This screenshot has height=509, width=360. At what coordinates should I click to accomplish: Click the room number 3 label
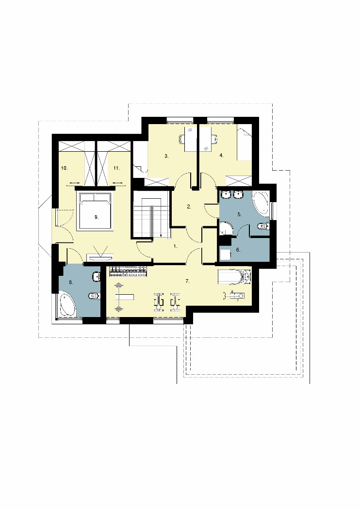tap(166, 156)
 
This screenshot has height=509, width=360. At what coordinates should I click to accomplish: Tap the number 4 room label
tap(221, 156)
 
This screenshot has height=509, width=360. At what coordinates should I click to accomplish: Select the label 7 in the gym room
tap(187, 282)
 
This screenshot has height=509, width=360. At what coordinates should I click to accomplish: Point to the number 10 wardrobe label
tap(64, 168)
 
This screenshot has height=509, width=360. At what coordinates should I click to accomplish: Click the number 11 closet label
tap(116, 168)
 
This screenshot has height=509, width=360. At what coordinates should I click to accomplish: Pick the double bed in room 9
tap(95, 211)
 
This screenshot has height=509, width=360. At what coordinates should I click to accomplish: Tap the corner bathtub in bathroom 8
tap(66, 305)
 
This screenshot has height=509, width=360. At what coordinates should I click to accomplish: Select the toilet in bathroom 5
tap(263, 226)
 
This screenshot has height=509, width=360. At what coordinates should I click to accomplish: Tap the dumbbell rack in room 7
tap(129, 271)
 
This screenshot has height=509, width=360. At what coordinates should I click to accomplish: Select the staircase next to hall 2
tap(150, 214)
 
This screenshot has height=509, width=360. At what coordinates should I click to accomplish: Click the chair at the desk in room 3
tap(181, 140)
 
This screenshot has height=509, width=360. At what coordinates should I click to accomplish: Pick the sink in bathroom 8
tap(97, 277)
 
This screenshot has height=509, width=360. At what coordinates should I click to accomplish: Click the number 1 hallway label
tap(176, 246)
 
